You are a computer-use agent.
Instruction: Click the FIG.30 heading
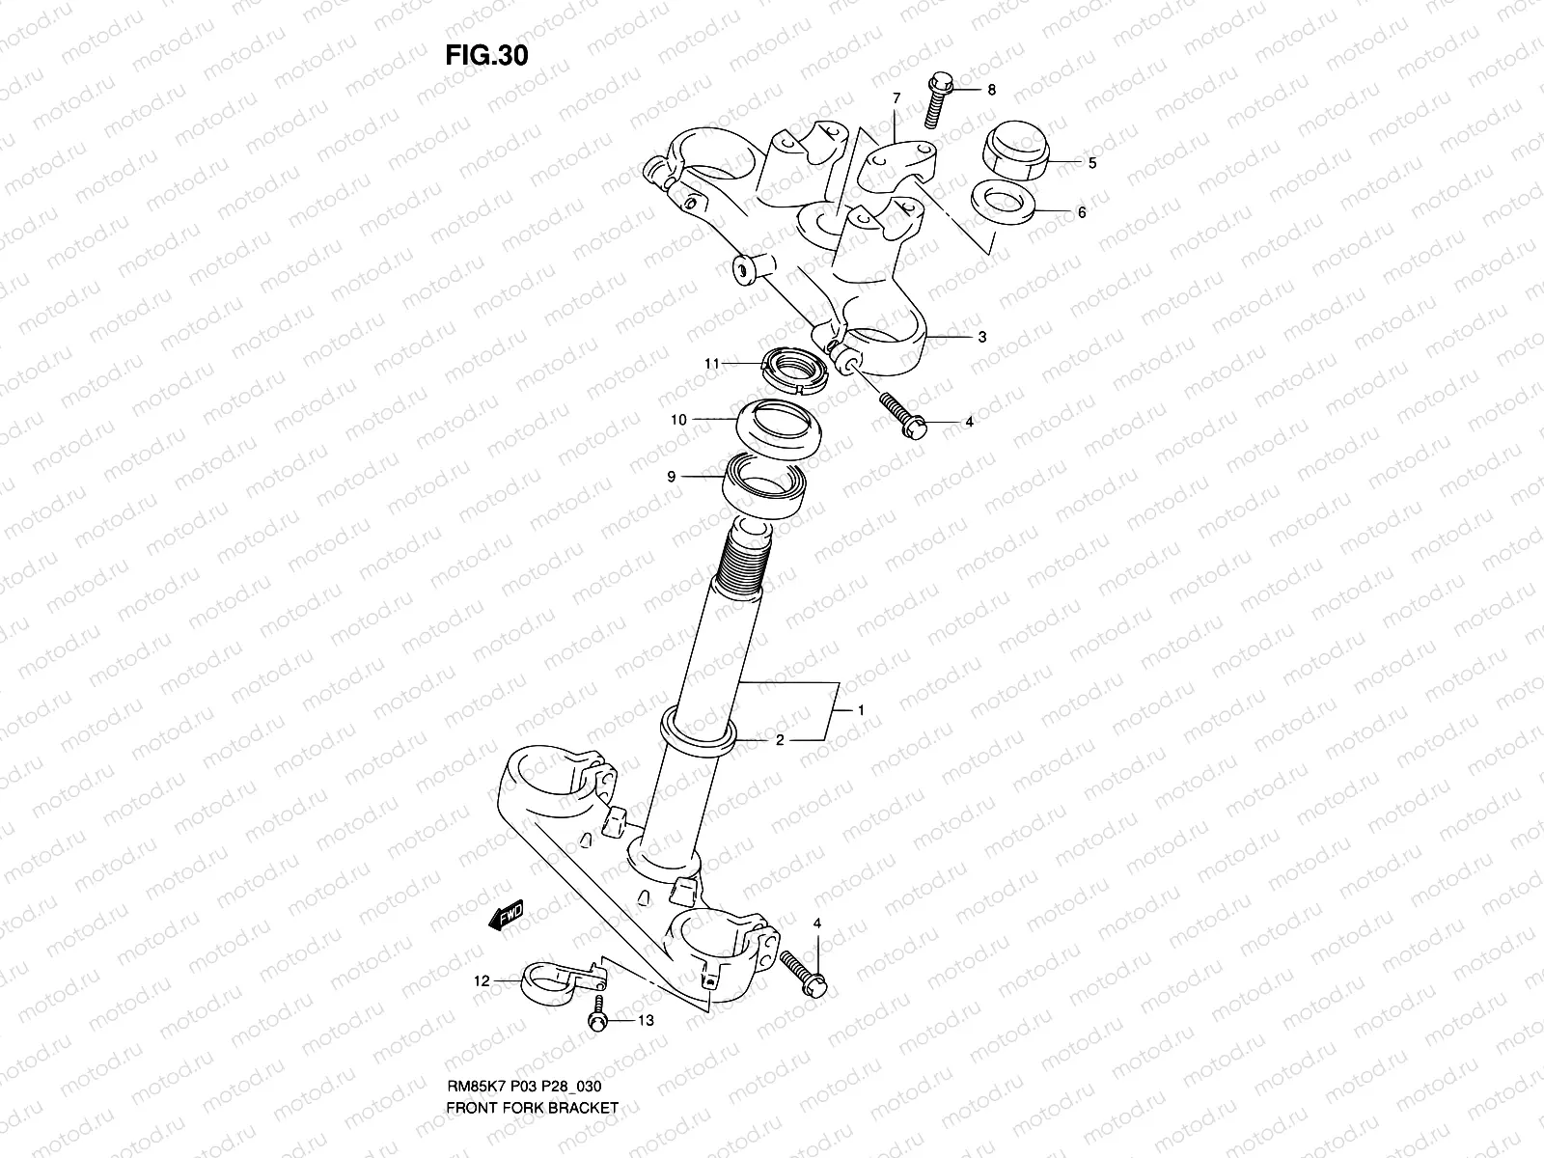click(486, 56)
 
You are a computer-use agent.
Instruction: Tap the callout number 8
click(991, 90)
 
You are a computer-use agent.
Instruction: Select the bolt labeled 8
click(936, 104)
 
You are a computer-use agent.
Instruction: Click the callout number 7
click(896, 98)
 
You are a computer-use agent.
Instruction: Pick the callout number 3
click(981, 337)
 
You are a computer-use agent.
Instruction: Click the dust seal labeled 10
click(779, 428)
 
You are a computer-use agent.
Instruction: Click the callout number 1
click(861, 711)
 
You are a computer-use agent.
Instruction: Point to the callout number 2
click(779, 740)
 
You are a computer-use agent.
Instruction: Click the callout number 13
click(646, 1020)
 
